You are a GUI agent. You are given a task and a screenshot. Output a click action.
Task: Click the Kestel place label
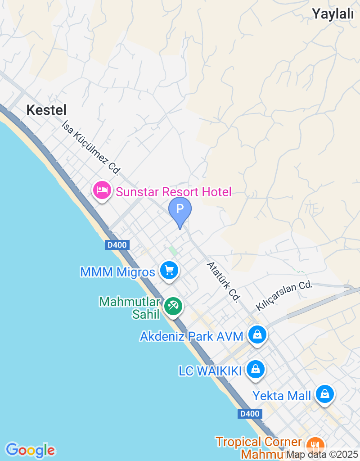(46, 110)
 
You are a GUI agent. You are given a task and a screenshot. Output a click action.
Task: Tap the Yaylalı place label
(333, 14)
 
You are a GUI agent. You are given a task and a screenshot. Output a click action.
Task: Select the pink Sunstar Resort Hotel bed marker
(102, 190)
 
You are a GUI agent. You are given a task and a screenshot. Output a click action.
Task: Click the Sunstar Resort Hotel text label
(174, 192)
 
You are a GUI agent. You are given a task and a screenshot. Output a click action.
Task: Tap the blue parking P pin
(180, 209)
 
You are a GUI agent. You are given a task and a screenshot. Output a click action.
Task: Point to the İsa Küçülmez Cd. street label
(92, 147)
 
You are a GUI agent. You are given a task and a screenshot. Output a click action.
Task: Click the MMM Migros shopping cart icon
(169, 271)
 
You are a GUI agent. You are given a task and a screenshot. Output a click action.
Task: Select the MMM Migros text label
(117, 272)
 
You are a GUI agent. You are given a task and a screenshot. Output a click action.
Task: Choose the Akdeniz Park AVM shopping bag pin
(257, 334)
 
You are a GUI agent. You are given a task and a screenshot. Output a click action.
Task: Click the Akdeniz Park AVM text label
(191, 336)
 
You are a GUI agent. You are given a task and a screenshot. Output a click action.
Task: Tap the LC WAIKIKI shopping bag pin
(256, 369)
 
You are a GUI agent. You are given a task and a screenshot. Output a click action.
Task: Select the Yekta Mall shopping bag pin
(324, 394)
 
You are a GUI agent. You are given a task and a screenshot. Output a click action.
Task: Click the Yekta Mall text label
(282, 396)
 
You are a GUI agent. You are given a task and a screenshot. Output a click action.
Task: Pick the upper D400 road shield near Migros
(118, 245)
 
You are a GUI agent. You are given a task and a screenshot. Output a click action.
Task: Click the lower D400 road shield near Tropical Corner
(249, 413)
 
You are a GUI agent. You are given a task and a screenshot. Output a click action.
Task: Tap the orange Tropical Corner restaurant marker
(315, 446)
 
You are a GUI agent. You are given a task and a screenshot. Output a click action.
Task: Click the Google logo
(30, 450)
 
